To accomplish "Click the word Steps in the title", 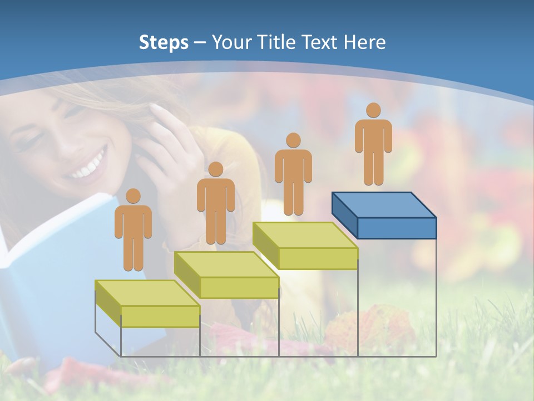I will (164, 42).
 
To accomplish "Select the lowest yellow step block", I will (148, 304).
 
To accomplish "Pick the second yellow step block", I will (227, 275).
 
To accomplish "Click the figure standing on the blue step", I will (373, 145).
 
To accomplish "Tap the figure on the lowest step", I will (133, 231).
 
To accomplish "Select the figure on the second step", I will (215, 204).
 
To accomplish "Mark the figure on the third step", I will (293, 175).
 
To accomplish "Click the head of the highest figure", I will (373, 110).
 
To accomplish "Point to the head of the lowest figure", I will (133, 196).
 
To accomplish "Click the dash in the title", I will (200, 43).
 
